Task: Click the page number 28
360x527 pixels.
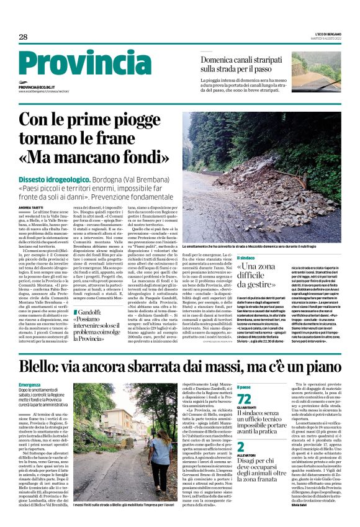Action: pos(23,38)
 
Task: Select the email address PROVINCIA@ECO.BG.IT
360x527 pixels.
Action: pos(37,88)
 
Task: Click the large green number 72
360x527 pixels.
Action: pos(245,399)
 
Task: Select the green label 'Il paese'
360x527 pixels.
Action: pos(244,387)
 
